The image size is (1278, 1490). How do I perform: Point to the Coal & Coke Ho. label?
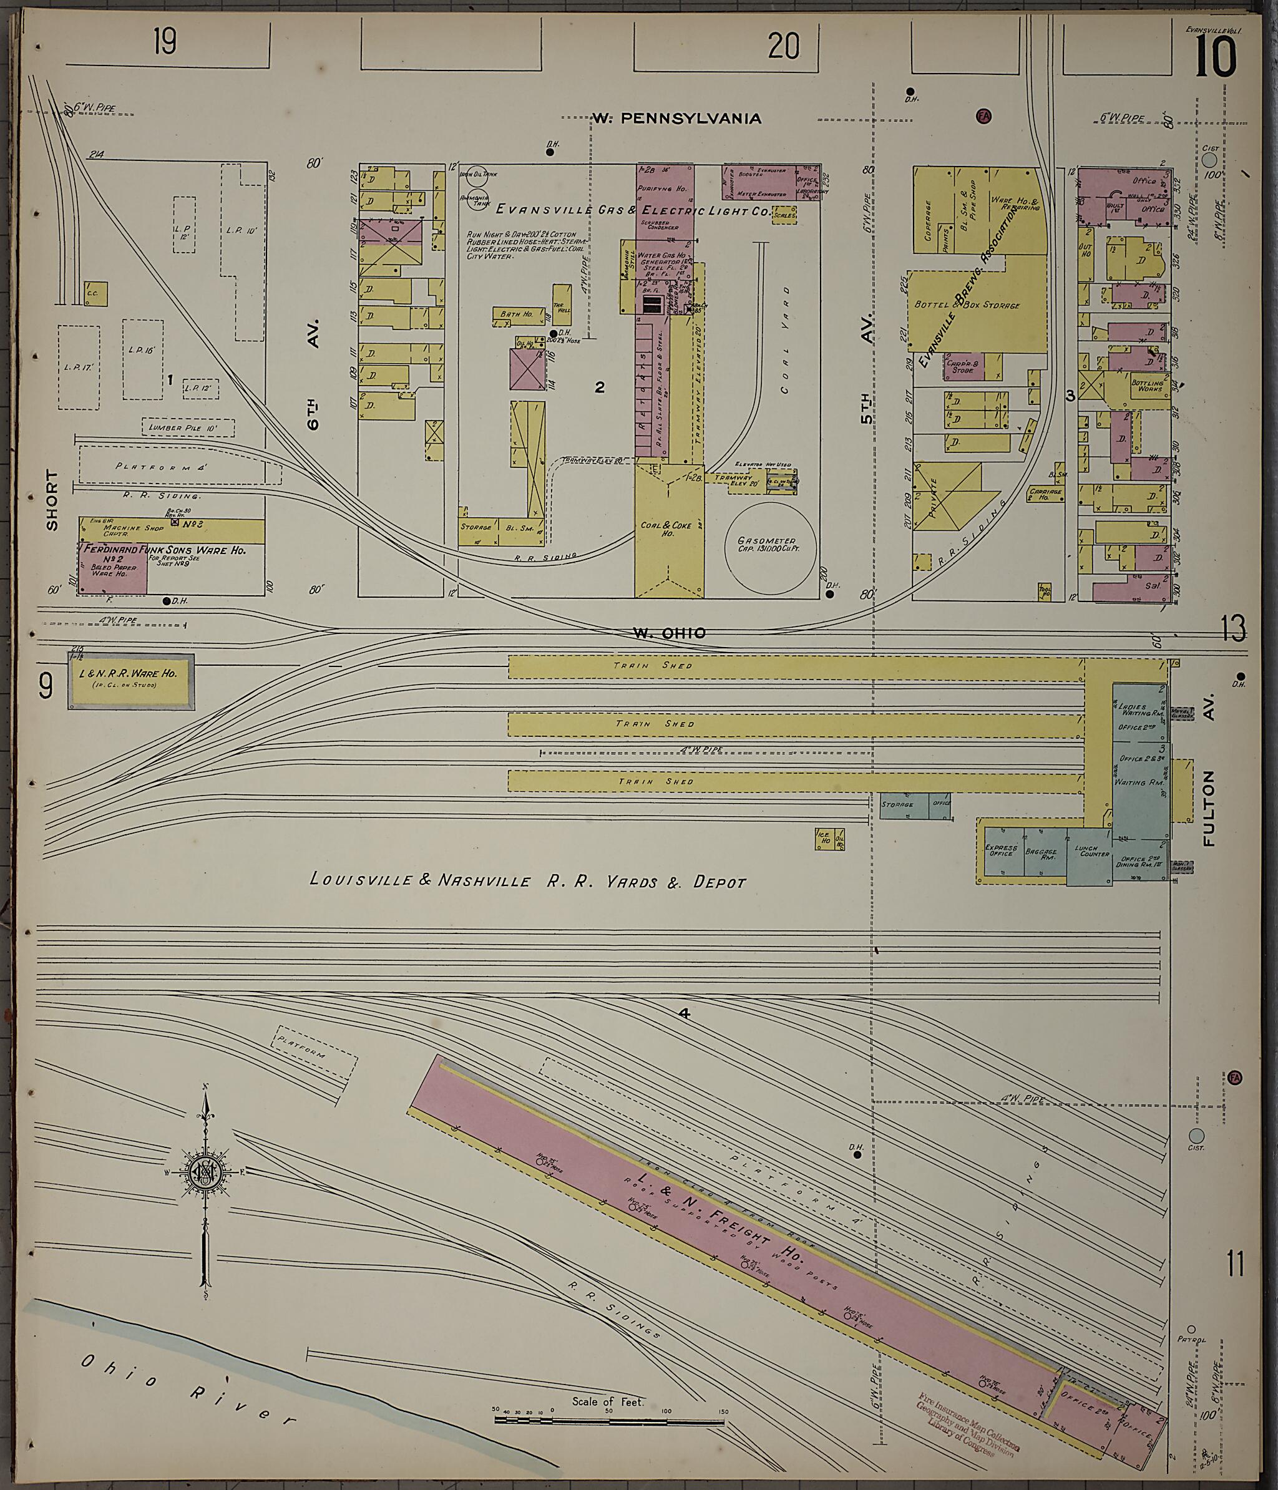coord(666,529)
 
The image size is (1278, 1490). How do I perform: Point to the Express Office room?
coord(1002,852)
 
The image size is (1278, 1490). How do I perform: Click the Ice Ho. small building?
coord(822,839)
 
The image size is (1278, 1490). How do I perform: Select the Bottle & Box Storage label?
coord(967,306)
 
